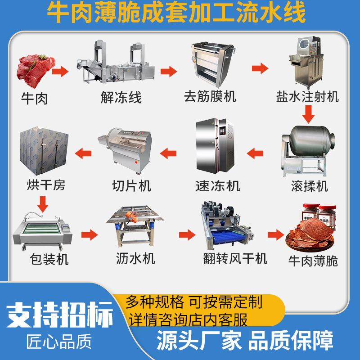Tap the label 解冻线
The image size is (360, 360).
pyautogui.click(x=121, y=97)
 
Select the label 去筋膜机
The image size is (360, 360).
pyautogui.click(x=210, y=96)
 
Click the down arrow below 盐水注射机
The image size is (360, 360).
pyautogui.click(x=308, y=114)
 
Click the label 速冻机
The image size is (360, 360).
pyautogui.click(x=218, y=186)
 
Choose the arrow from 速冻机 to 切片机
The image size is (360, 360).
pyautogui.click(x=168, y=153)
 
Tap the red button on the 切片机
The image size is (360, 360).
pyautogui.click(x=136, y=162)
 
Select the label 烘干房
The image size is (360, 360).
pyautogui.click(x=46, y=185)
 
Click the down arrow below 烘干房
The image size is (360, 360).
pyautogui.click(x=42, y=204)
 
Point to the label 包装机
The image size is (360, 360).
pyautogui.click(x=49, y=260)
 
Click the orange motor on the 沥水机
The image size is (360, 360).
pyautogui.click(x=131, y=217)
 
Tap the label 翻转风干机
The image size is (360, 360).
pyautogui.click(x=235, y=258)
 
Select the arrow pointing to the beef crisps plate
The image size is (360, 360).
pyautogui.click(x=276, y=234)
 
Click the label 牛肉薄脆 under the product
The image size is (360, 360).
pyautogui.click(x=313, y=261)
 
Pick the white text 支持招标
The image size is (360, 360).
pyautogui.click(x=60, y=315)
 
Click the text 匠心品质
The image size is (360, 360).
pyautogui.click(x=59, y=342)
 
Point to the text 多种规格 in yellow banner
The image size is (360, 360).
pyautogui.click(x=154, y=301)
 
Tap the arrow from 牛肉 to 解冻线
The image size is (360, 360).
pyautogui.click(x=60, y=71)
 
